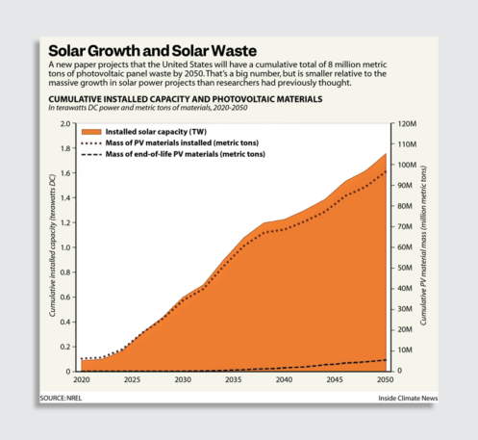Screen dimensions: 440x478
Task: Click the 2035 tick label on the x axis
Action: (x=234, y=381)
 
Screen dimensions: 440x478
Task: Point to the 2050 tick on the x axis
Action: (x=387, y=381)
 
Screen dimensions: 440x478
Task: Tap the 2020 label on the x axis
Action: (x=81, y=381)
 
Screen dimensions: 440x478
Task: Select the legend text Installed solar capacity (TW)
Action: (x=157, y=130)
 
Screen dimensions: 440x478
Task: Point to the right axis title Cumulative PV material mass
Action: (x=425, y=246)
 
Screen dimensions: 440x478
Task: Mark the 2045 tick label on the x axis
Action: (x=336, y=381)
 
